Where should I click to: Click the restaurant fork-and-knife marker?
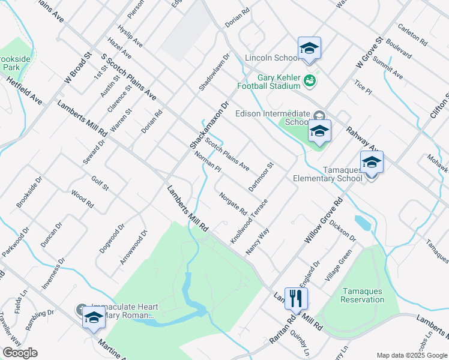point(296,298)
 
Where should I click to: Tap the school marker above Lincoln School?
point(309,48)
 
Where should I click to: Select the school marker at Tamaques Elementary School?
point(372,162)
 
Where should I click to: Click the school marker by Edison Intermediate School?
point(319,131)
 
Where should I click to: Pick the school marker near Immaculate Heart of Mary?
point(93,317)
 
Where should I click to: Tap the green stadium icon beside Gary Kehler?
point(310,80)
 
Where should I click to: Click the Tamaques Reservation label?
point(362,295)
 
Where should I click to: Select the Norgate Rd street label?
point(233,203)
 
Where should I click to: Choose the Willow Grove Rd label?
point(323,220)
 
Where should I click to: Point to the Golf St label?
point(100,184)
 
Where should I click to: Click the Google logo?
point(20,353)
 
